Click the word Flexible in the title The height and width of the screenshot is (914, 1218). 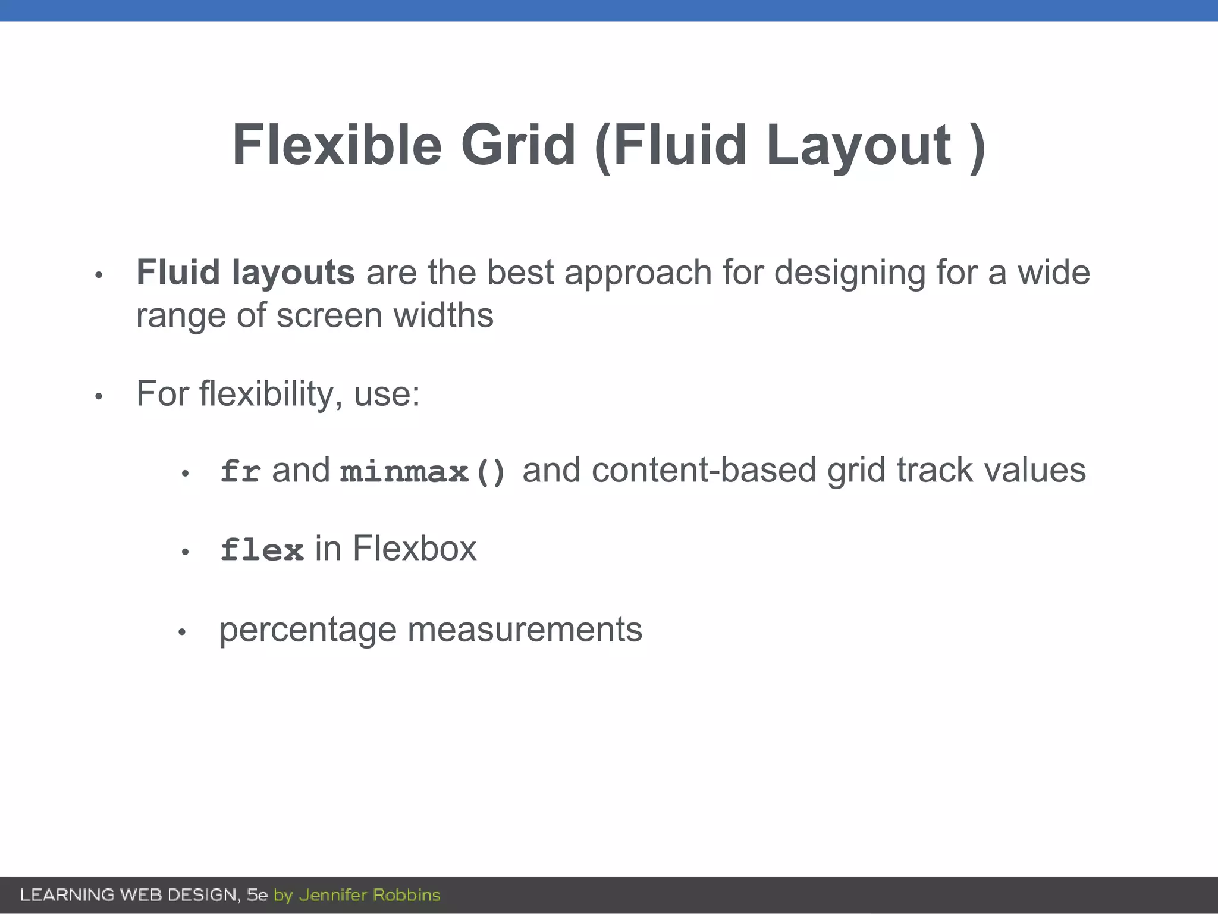pos(337,145)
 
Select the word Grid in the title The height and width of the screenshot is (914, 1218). pos(518,145)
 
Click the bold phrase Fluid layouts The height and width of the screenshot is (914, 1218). pos(245,273)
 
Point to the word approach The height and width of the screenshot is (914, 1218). pos(638,273)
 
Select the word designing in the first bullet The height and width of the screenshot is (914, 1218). pos(850,273)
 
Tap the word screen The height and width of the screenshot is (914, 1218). pos(329,315)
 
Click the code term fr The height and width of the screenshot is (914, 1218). pos(240,471)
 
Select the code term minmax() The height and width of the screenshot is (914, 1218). pos(423,472)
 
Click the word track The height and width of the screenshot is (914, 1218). pos(935,470)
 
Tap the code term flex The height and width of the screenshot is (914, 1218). pos(262,550)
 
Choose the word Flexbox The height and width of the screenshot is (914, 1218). pos(415,548)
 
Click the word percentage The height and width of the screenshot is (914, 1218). pos(307,630)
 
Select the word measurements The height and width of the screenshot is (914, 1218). pos(525,630)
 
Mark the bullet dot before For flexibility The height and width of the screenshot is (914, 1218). pos(99,396)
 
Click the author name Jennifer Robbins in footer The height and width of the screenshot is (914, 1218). pos(369,895)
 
